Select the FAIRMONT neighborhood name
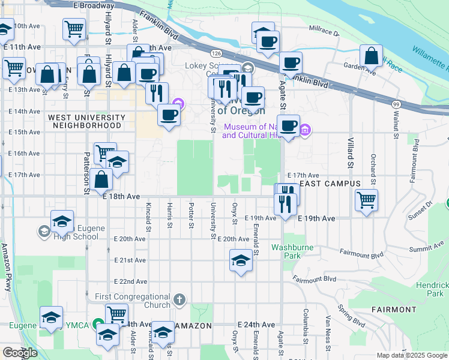(394, 310)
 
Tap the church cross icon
(179, 299)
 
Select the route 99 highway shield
(396, 104)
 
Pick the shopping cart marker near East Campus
(366, 200)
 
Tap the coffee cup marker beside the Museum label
(289, 126)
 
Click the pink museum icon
(304, 130)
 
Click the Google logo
(20, 353)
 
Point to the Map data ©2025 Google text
(412, 355)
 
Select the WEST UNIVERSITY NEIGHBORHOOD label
(87, 121)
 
